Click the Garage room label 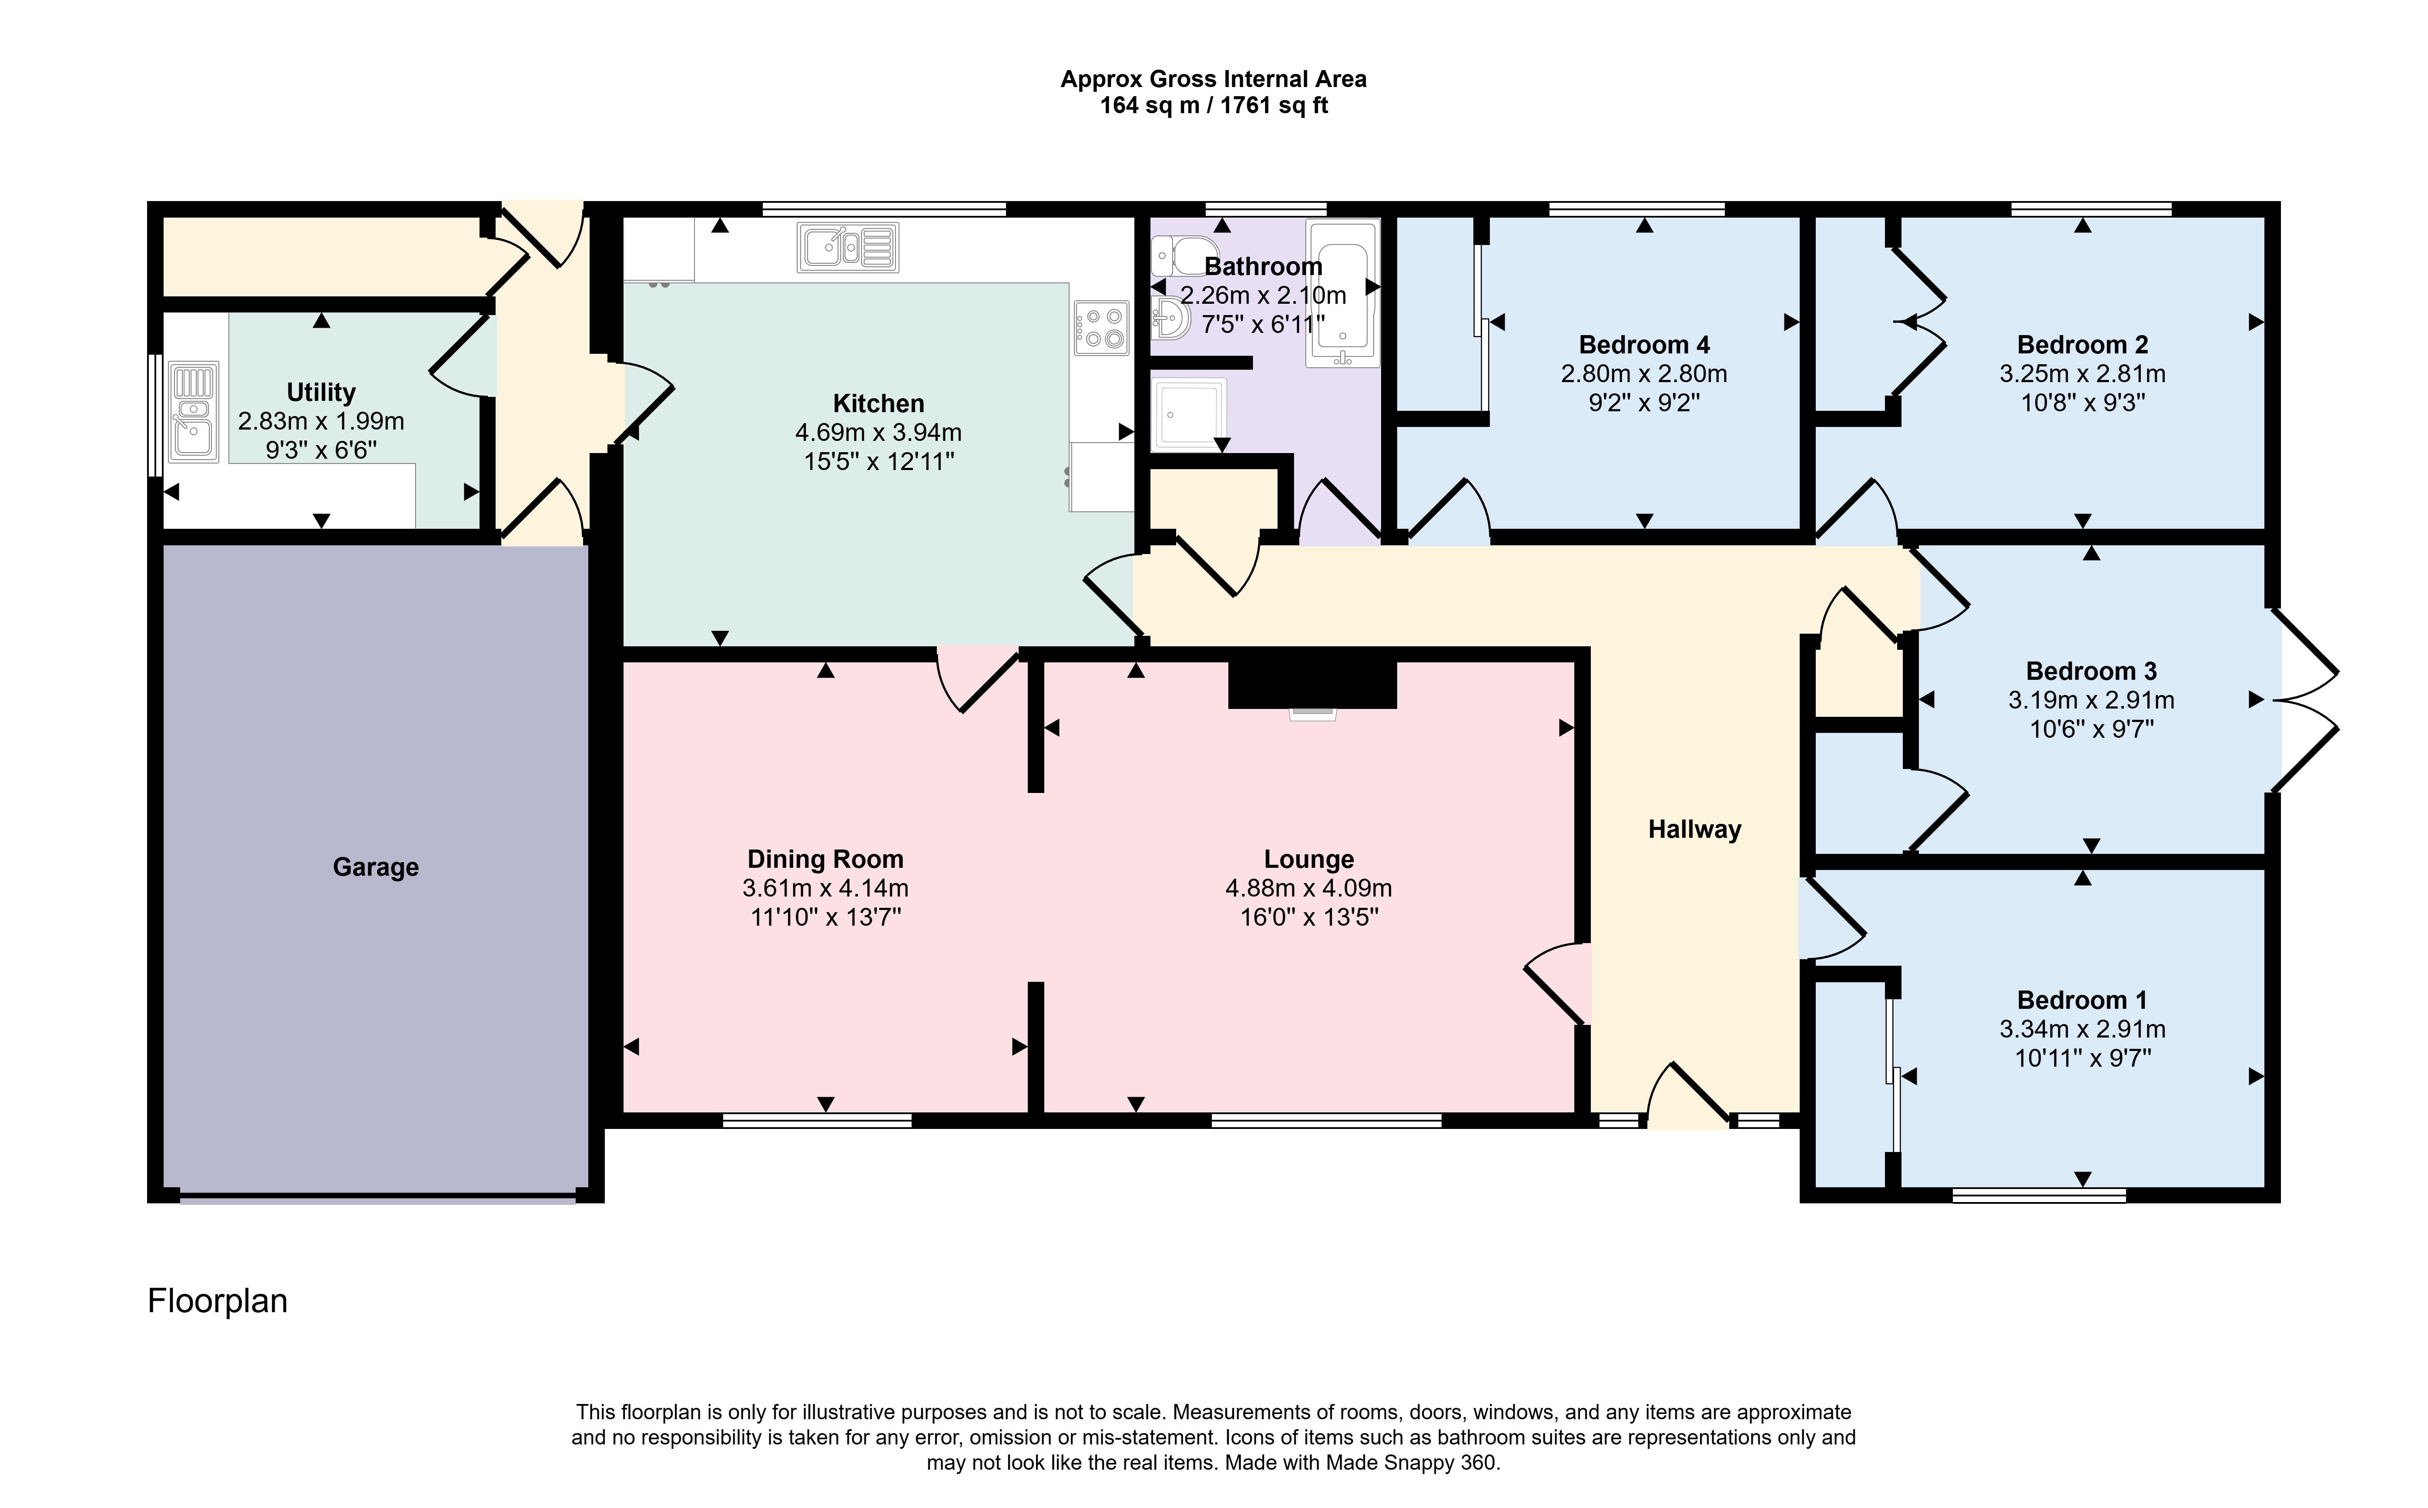click(376, 868)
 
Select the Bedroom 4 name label click(1644, 345)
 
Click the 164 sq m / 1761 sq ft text click(1214, 106)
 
